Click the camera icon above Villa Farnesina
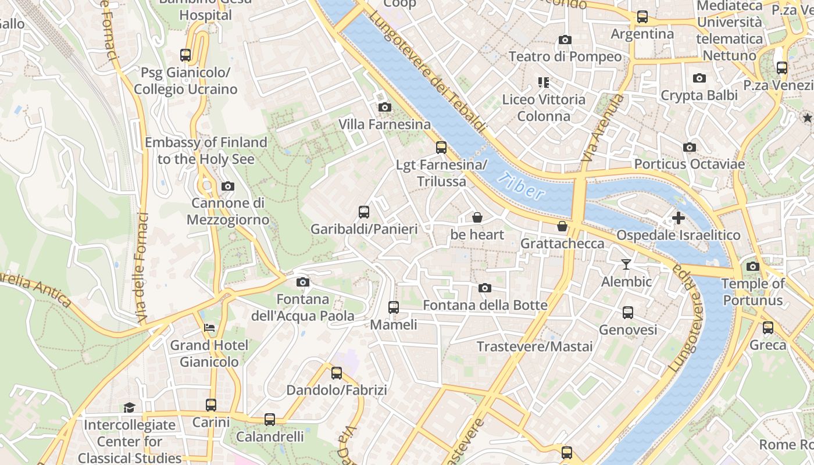coord(384,107)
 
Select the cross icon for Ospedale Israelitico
coord(678,218)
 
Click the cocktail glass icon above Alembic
coord(626,264)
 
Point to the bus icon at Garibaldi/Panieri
coord(364,212)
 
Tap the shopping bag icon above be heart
coord(477,217)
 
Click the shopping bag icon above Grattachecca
coord(562,226)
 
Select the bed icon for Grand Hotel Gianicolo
coord(209,328)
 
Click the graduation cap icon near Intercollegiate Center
coord(129,407)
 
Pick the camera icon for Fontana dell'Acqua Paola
coord(302,282)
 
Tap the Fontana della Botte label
coord(485,305)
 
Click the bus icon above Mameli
coord(394,307)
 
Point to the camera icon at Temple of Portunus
coord(752,266)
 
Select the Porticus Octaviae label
coord(689,164)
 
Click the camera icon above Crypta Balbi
coord(699,78)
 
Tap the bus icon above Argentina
coord(642,17)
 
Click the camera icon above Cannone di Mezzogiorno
coord(228,186)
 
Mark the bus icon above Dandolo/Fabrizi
coord(337,373)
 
